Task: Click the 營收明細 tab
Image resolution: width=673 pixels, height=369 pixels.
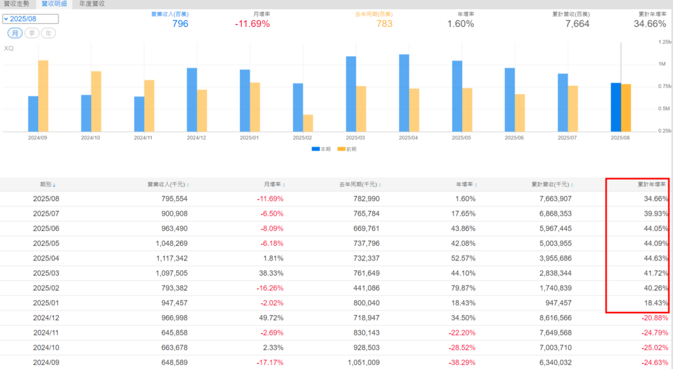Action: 54,4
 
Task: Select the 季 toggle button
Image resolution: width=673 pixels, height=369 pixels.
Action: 31,33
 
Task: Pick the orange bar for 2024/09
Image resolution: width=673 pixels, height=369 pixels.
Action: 43,96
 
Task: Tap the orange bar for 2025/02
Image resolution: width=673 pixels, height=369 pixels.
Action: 308,123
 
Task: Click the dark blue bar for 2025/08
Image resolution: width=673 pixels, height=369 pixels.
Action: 616,107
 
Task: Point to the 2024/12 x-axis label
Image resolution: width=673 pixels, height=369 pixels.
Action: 197,138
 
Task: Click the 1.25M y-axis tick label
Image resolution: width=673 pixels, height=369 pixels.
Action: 664,41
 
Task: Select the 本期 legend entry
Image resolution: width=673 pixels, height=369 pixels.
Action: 321,149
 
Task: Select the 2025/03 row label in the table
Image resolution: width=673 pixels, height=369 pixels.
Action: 46,273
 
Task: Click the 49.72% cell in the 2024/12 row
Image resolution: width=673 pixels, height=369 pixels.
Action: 271,318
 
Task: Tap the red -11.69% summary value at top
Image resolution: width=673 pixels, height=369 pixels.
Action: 252,24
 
